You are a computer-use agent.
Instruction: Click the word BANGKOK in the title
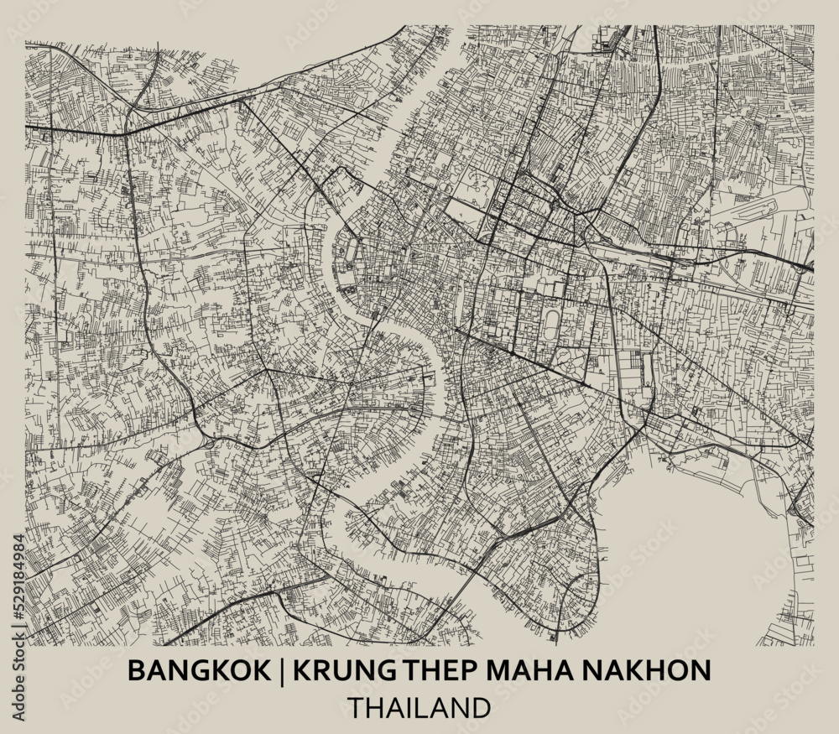coord(181,670)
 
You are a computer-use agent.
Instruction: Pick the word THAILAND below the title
coord(419,707)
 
